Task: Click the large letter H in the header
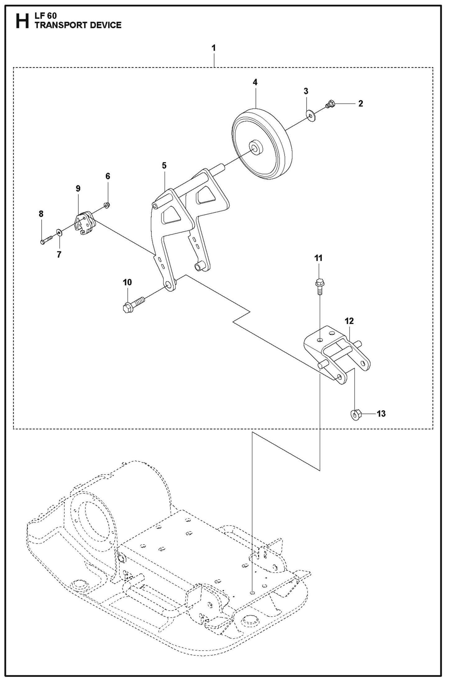[22, 21]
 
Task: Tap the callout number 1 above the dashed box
[214, 48]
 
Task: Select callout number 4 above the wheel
[255, 82]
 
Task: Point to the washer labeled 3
[310, 116]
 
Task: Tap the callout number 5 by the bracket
[164, 166]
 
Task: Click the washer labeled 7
[59, 232]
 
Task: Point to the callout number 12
[349, 321]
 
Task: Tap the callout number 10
[127, 282]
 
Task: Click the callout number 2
[360, 103]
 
